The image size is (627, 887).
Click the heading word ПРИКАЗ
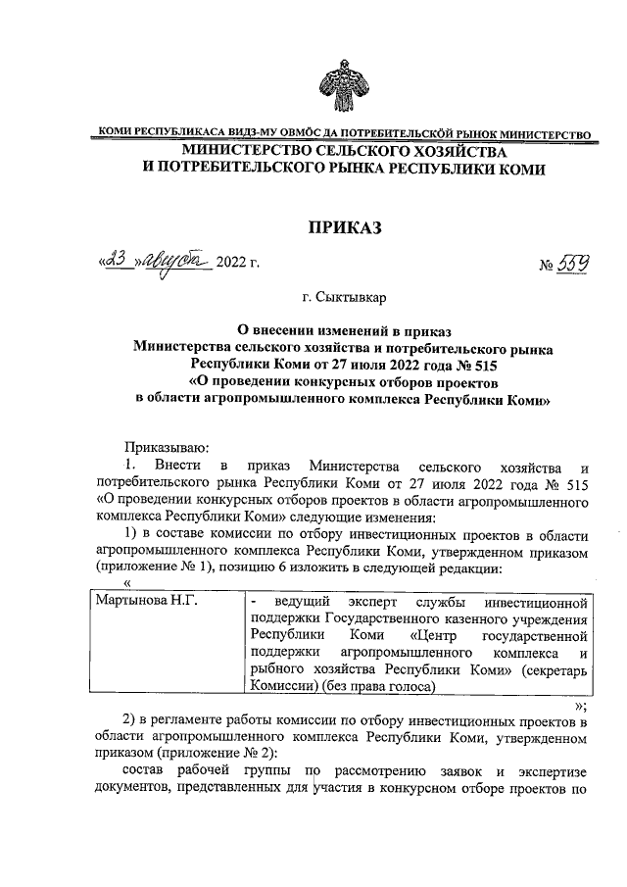coord(342,227)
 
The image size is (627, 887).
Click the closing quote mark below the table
coord(581,705)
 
